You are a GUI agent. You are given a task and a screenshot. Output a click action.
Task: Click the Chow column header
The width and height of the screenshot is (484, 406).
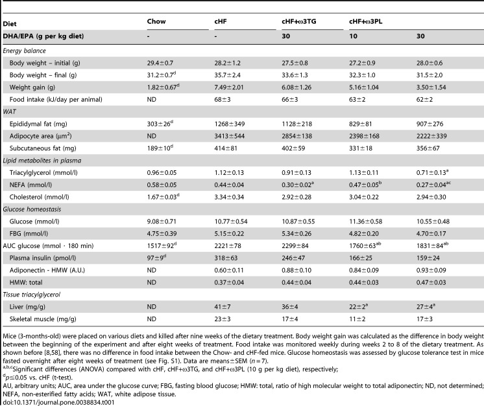pyautogui.click(x=156, y=21)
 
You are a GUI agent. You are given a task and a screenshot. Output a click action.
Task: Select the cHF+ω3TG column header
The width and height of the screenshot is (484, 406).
pyautogui.click(x=299, y=21)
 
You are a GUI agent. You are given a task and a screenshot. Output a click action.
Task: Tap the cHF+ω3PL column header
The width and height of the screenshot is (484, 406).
pyautogui.click(x=365, y=21)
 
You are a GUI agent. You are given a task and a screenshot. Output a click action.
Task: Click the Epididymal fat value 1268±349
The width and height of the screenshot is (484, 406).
pyautogui.click(x=229, y=124)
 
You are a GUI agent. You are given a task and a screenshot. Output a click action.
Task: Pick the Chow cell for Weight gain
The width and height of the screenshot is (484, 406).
pyautogui.click(x=163, y=87)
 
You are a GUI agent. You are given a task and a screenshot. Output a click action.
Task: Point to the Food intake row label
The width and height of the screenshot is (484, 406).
pyautogui.click(x=56, y=100)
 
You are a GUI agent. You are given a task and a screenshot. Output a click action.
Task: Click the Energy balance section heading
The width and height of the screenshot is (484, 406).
pyautogui.click(x=25, y=51)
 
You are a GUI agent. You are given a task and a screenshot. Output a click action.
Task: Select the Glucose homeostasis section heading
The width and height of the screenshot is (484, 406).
pyautogui.click(x=32, y=209)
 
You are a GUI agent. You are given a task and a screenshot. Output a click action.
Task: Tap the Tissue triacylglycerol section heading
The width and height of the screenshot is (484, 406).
pyautogui.click(x=32, y=295)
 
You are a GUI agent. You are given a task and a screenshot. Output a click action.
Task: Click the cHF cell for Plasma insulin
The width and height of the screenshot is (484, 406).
pyautogui.click(x=226, y=258)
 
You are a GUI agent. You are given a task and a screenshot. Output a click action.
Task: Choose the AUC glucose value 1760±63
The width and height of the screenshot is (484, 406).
pyautogui.click(x=365, y=245)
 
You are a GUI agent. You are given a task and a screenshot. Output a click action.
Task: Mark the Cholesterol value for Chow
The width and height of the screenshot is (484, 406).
pyautogui.click(x=163, y=197)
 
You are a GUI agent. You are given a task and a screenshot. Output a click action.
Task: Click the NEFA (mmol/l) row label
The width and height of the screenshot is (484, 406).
pyautogui.click(x=30, y=185)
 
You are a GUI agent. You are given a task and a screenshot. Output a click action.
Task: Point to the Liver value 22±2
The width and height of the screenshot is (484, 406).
pyautogui.click(x=357, y=306)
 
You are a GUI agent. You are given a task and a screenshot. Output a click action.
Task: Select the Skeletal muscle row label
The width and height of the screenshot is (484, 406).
pyautogui.click(x=43, y=319)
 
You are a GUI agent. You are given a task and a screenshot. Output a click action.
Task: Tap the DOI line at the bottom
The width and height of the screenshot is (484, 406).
pyautogui.click(x=58, y=402)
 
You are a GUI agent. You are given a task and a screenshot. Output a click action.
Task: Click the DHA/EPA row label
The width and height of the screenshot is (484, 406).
pyautogui.click(x=43, y=36)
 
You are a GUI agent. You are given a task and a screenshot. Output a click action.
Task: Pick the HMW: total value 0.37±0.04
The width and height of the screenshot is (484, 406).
pyautogui.click(x=229, y=282)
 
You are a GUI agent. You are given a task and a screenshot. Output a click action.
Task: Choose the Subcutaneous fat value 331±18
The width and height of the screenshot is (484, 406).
pyautogui.click(x=361, y=148)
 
